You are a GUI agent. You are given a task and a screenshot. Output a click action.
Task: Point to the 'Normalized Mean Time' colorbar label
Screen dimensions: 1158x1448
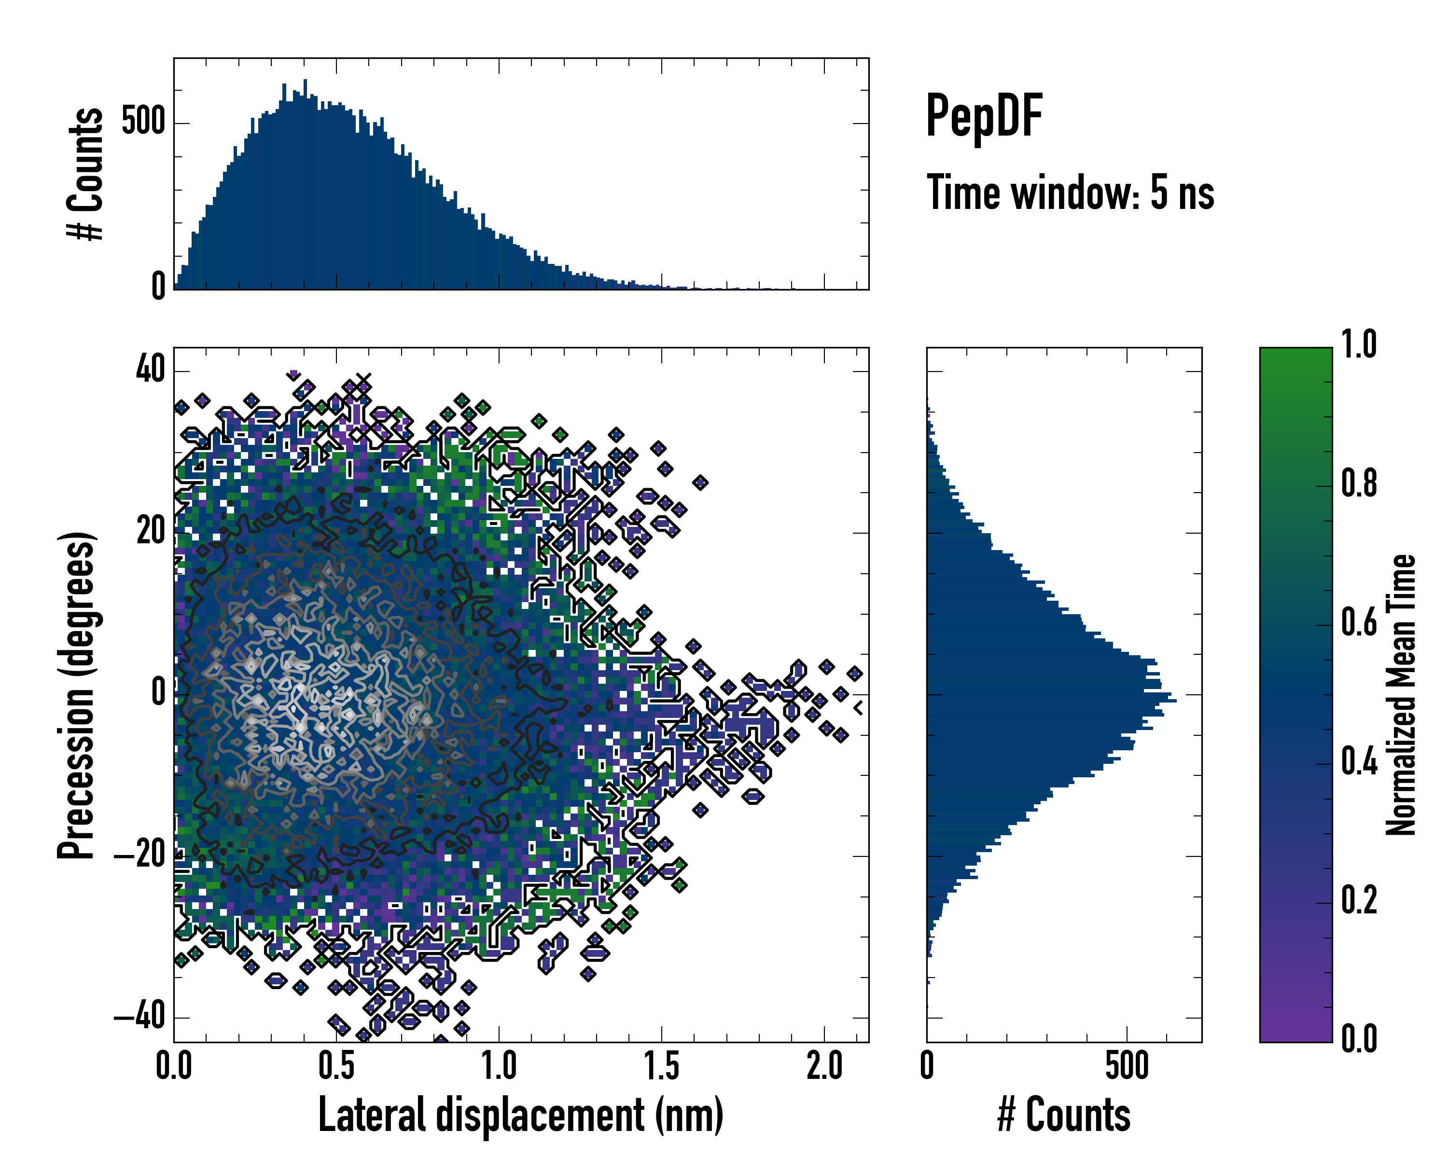pyautogui.click(x=1401, y=695)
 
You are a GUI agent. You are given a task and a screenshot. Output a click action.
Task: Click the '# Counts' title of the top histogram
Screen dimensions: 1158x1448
pyautogui.click(x=86, y=173)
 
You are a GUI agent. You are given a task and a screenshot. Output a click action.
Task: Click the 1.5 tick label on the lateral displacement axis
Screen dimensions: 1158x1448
pyautogui.click(x=662, y=1066)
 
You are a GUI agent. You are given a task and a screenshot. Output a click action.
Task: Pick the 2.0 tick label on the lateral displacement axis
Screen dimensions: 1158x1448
pyautogui.click(x=824, y=1066)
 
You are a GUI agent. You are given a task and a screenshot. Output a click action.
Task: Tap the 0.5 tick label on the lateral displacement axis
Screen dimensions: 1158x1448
pyautogui.click(x=336, y=1066)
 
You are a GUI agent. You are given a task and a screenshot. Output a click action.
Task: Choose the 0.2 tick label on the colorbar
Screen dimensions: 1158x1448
pyautogui.click(x=1359, y=900)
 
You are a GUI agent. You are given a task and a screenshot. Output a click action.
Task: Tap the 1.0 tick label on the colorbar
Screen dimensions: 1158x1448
pyautogui.click(x=1359, y=345)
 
